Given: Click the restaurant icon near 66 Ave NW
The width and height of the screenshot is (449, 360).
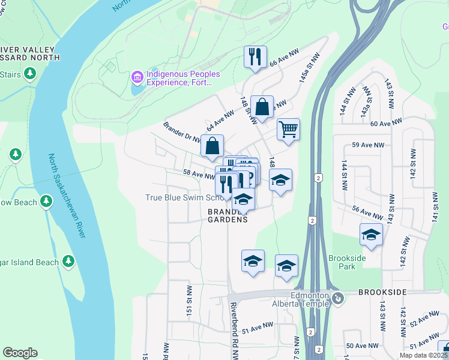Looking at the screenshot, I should [x=255, y=57].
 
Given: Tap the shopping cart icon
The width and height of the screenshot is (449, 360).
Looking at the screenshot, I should [x=288, y=129].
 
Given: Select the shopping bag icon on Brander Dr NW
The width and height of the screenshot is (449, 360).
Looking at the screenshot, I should [x=212, y=146].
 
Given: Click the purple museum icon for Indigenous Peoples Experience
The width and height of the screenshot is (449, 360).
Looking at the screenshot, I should [x=137, y=78].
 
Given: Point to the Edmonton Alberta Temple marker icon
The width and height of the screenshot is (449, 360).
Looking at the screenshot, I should [x=338, y=298].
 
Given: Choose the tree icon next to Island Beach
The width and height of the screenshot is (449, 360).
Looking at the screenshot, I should [x=68, y=262].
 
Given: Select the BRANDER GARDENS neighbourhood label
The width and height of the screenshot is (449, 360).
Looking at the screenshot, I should [x=228, y=216].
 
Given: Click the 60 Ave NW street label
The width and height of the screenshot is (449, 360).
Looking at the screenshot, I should [x=385, y=124].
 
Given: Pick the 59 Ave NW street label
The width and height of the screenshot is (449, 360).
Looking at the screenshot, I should [x=368, y=145].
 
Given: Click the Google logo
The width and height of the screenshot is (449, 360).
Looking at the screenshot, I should [x=20, y=353].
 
